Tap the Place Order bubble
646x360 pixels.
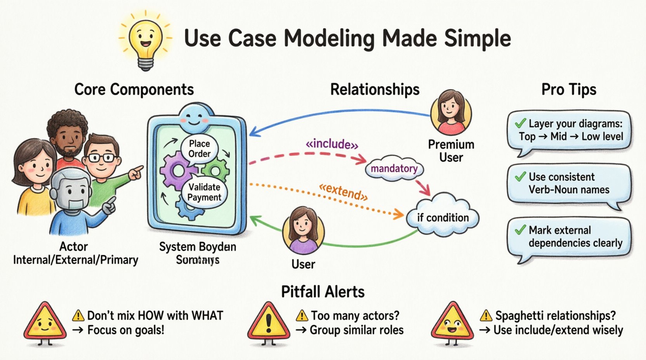(x=200, y=149)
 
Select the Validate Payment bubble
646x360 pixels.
(x=204, y=192)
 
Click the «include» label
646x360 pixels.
(x=332, y=144)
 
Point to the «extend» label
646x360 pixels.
(x=343, y=192)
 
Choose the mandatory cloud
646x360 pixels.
(x=394, y=169)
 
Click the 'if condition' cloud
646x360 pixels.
(x=443, y=217)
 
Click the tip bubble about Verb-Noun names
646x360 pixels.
(x=569, y=183)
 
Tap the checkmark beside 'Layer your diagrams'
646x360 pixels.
(x=520, y=123)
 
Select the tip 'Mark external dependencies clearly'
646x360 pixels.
(x=569, y=237)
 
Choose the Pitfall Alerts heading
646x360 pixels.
(x=323, y=292)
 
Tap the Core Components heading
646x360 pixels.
(x=134, y=90)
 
